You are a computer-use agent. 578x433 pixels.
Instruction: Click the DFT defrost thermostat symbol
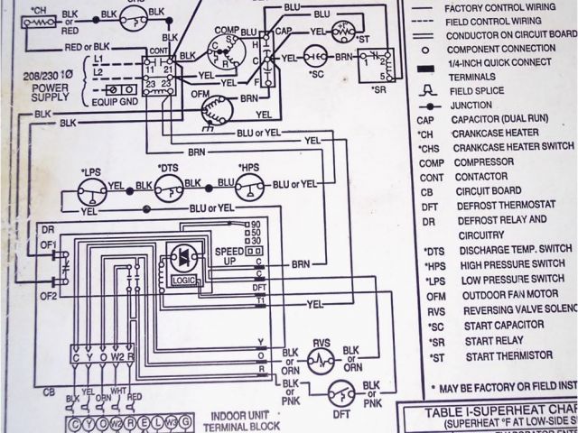[339, 392]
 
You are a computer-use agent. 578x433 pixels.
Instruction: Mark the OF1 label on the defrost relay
[47, 243]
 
